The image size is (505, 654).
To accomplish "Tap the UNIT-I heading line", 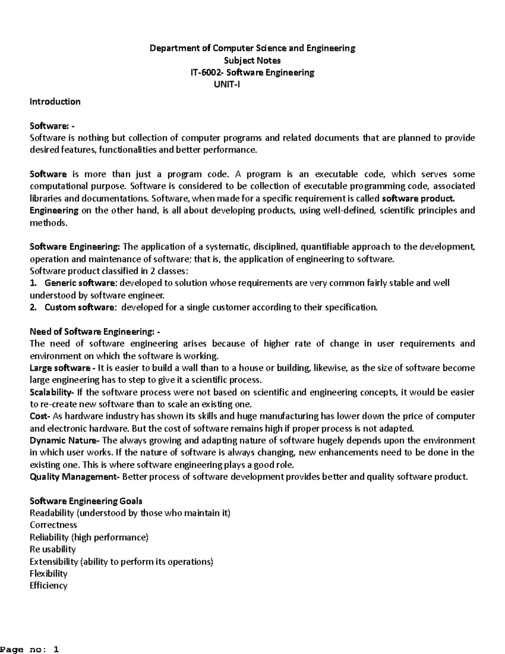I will [227, 85].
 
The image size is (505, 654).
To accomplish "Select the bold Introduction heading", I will [55, 101].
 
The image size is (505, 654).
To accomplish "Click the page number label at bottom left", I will [29, 649].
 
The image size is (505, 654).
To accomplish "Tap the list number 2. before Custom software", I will [33, 307].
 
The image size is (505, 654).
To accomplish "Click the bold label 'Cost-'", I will [40, 416].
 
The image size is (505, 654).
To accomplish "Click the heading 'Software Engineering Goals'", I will [86, 501].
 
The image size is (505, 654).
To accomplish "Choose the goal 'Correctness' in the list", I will [53, 525].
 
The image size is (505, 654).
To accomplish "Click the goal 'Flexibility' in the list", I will [48, 574].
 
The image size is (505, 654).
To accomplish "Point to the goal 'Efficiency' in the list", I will [48, 586].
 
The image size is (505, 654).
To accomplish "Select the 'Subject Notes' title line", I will [252, 60].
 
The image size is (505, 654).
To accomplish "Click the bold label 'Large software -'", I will [63, 368].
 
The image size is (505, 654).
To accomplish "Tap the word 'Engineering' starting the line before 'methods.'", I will [54, 211].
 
